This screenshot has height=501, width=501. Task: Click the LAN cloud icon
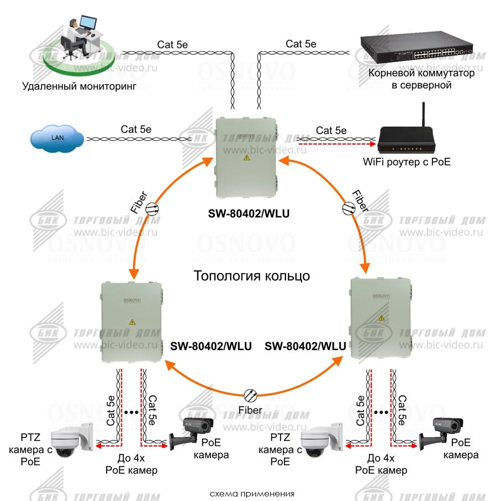click(56, 137)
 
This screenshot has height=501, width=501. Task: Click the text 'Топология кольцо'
click(252, 276)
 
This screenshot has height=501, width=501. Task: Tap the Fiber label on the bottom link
click(250, 410)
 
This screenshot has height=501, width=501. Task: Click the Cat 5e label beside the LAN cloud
click(136, 129)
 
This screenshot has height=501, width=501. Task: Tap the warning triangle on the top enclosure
click(246, 157)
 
